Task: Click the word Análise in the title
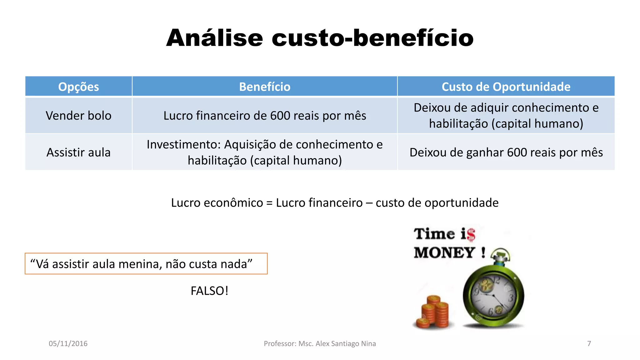click(x=214, y=38)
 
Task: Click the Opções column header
click(x=78, y=87)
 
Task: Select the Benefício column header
click(x=265, y=87)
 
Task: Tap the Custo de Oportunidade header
click(x=506, y=87)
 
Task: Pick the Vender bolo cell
click(x=78, y=116)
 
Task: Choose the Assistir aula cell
click(x=78, y=152)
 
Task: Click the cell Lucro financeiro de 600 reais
click(x=265, y=116)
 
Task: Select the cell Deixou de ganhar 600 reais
click(x=506, y=152)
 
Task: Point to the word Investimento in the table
click(x=184, y=145)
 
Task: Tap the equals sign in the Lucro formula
click(x=269, y=203)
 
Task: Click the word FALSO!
click(x=209, y=291)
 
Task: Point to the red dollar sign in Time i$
click(x=471, y=235)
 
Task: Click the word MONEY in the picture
click(x=444, y=252)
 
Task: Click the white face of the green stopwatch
click(x=493, y=295)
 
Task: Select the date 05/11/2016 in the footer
click(x=68, y=343)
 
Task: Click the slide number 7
click(x=589, y=343)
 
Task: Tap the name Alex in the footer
click(x=322, y=343)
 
